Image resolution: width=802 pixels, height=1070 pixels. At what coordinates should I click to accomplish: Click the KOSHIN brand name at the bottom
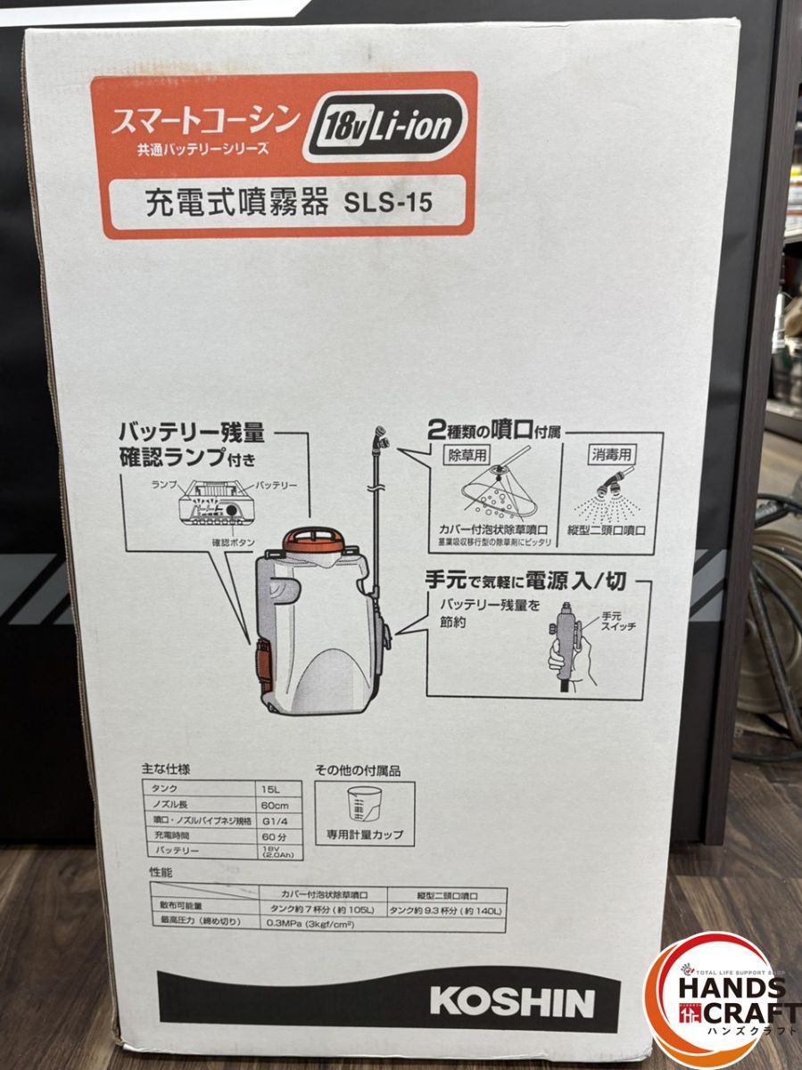click(511, 1000)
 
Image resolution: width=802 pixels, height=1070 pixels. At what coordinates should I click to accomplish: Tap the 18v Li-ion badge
click(385, 127)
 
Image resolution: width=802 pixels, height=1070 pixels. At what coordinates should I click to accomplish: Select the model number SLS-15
click(388, 202)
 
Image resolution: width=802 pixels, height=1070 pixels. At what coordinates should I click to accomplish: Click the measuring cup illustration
click(363, 810)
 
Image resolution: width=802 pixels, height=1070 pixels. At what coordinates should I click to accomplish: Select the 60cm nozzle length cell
click(274, 806)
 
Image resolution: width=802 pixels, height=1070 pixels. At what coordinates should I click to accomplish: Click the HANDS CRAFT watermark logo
click(724, 999)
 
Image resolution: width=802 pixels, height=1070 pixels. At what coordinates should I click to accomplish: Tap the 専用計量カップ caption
click(363, 835)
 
